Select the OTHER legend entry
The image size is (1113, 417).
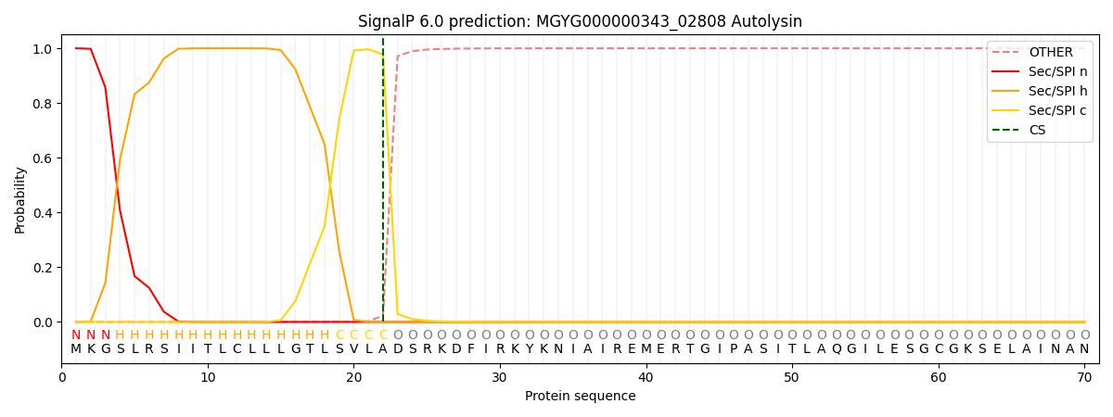click(x=1041, y=52)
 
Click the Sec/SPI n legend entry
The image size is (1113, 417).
click(x=1041, y=71)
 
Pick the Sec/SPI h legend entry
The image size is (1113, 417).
click(x=1041, y=91)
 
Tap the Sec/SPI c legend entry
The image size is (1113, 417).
click(x=1041, y=110)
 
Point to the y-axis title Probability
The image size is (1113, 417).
click(x=19, y=200)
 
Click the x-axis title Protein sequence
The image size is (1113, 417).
click(x=580, y=396)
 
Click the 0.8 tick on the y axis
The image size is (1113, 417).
click(x=43, y=103)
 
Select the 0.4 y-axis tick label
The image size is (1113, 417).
click(x=43, y=212)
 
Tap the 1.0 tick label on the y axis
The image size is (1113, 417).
click(x=43, y=48)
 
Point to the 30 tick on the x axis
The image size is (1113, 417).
click(x=500, y=378)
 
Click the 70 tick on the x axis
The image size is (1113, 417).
click(x=1084, y=378)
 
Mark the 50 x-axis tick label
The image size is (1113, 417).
click(x=792, y=378)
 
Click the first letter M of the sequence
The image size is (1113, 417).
click(x=76, y=349)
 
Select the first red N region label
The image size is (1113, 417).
click(x=76, y=335)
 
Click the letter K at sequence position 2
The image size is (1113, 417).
click(x=91, y=349)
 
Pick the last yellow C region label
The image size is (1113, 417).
click(x=383, y=335)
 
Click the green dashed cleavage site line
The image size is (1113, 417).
click(x=383, y=180)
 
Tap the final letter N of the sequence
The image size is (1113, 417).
click(x=1084, y=349)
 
